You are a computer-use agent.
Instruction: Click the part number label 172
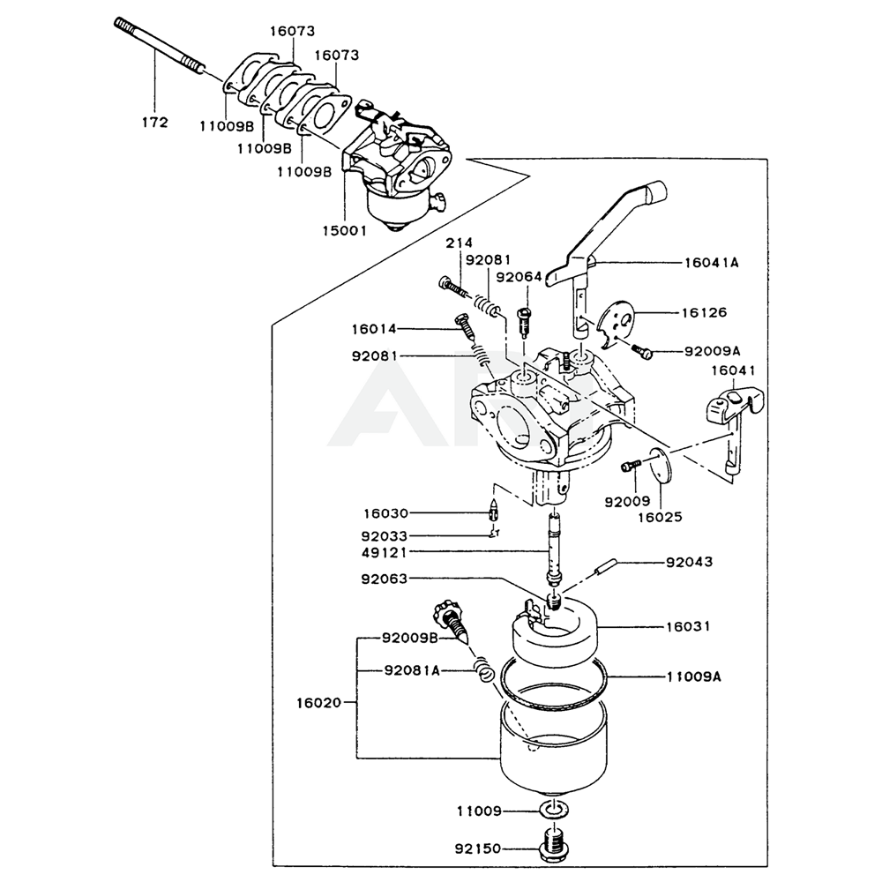pyautogui.click(x=154, y=123)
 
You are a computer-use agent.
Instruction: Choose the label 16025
pyautogui.click(x=660, y=517)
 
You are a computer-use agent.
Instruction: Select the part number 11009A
pyautogui.click(x=692, y=676)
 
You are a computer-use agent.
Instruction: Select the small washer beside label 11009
pyautogui.click(x=553, y=811)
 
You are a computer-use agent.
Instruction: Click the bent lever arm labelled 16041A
pyautogui.click(x=609, y=229)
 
